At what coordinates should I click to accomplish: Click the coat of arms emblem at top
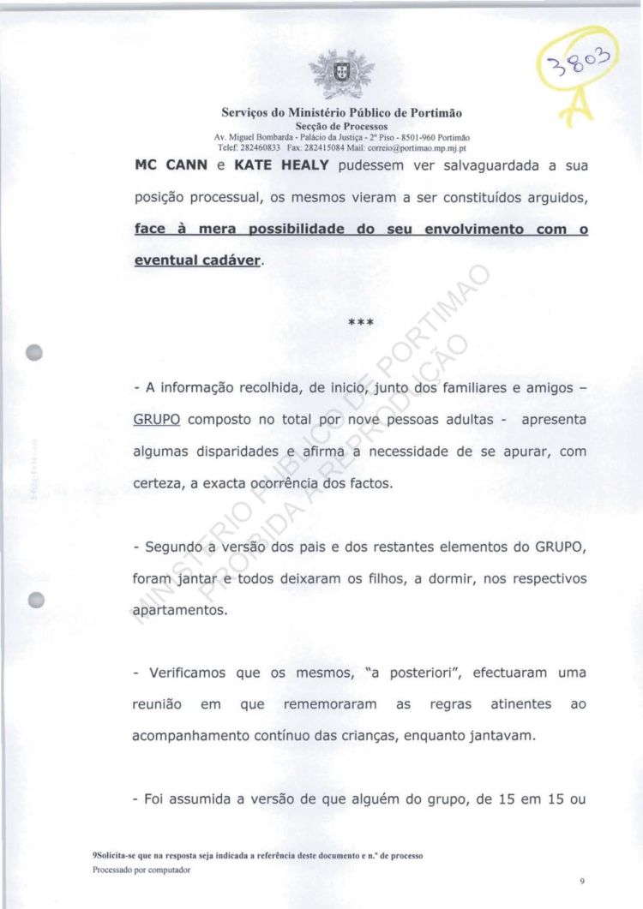coord(329,74)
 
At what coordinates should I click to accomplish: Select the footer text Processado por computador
coord(141,870)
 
